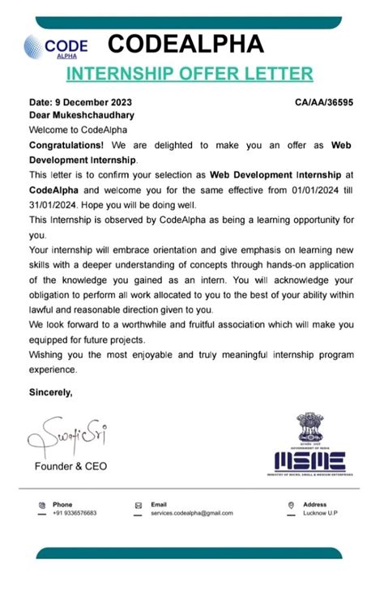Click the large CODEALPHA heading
tap(186, 44)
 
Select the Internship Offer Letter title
tap(189, 74)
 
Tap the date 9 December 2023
tap(80, 103)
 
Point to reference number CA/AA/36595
tap(325, 103)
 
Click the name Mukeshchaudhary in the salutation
tap(89, 116)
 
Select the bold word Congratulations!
tap(64, 144)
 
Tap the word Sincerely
tap(50, 393)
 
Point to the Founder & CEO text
tap(70, 467)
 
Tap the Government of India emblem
tap(309, 427)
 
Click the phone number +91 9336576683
tap(75, 514)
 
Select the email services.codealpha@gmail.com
tap(191, 514)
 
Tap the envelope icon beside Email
tap(139, 505)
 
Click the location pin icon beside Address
tap(291, 505)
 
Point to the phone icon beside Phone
tap(41, 505)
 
